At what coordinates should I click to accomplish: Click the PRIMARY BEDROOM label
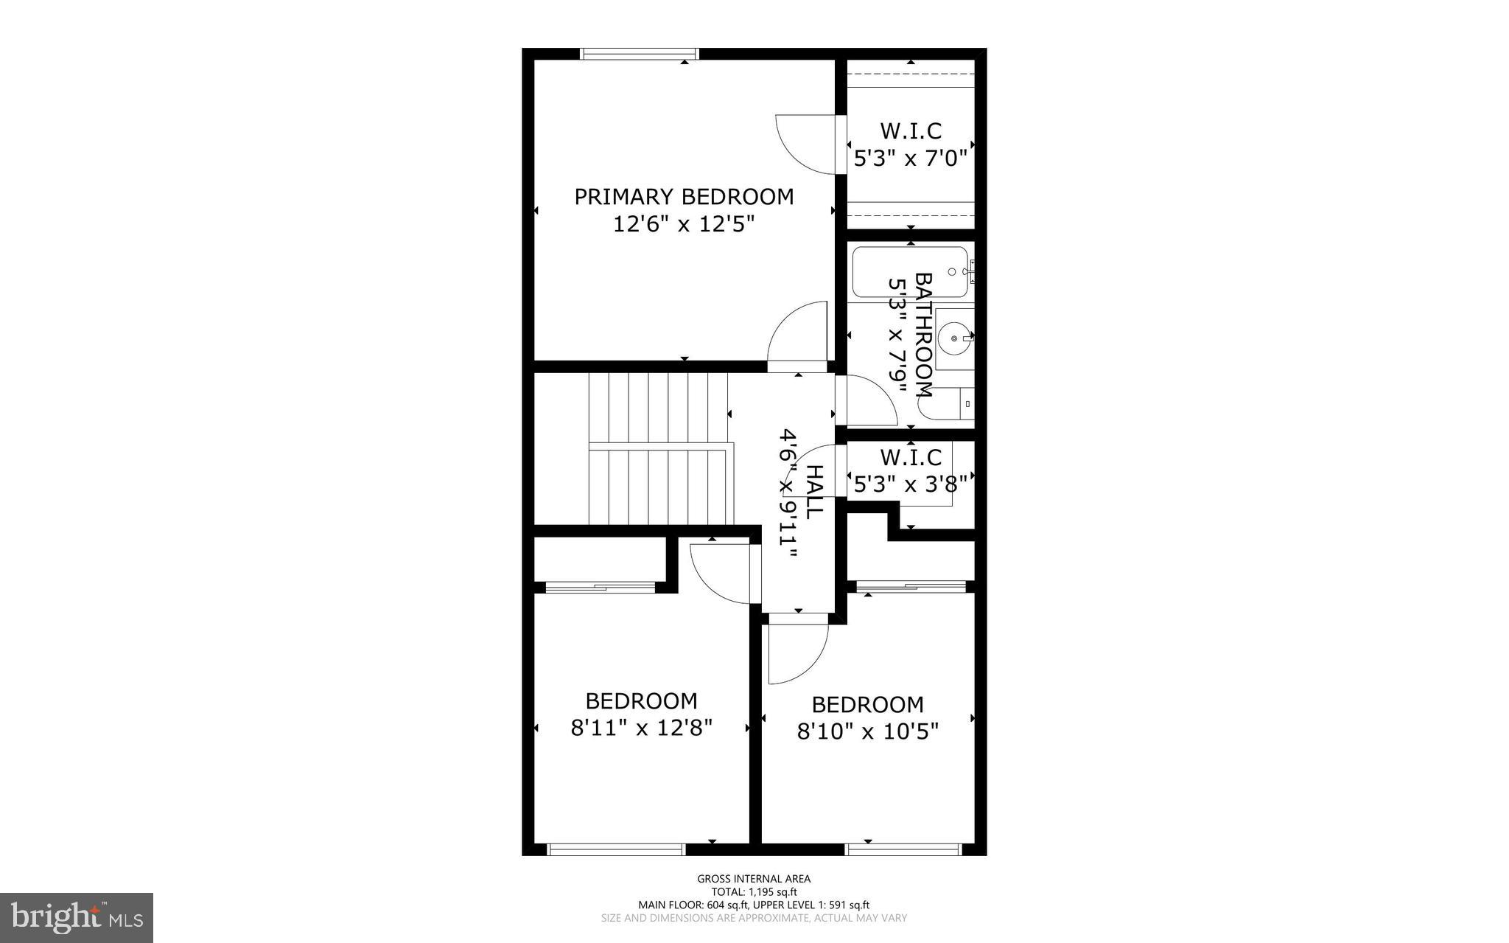pos(684,197)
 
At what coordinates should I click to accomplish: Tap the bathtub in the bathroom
pos(910,272)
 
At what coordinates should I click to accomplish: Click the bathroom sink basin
pos(955,338)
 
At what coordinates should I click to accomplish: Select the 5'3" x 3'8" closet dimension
pos(910,485)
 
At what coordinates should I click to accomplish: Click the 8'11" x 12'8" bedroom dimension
pos(641,728)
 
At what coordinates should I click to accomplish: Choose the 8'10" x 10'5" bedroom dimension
pos(867,732)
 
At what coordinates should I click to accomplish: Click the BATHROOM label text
pos(923,335)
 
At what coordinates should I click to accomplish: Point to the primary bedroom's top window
pos(639,54)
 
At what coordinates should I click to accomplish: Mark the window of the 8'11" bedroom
pos(617,850)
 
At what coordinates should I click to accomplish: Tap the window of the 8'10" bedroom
pos(904,850)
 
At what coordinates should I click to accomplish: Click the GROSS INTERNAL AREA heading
pos(754,879)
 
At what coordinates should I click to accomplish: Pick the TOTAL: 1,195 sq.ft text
pos(754,892)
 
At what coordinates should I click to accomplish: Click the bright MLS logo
pos(77,917)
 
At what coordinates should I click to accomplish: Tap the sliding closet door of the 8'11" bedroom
pos(601,587)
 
